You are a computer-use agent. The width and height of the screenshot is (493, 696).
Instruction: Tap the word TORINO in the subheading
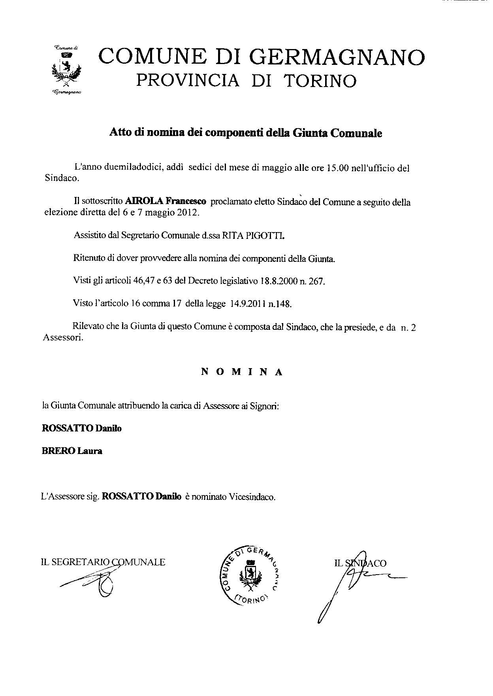pyautogui.click(x=320, y=81)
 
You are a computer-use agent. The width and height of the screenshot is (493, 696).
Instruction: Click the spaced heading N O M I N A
pyautogui.click(x=242, y=372)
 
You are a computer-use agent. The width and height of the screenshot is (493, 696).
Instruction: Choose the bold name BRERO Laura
pyautogui.click(x=72, y=451)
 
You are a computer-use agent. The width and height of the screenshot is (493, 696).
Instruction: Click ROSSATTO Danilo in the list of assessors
pyautogui.click(x=82, y=428)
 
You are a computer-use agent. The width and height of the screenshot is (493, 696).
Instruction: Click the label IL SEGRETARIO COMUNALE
pyautogui.click(x=103, y=562)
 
